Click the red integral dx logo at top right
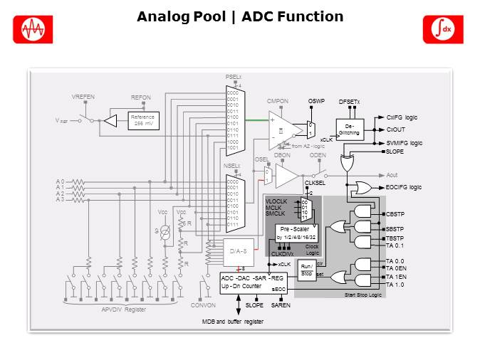[443, 29]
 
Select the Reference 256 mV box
[143, 120]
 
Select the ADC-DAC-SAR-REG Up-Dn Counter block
[254, 282]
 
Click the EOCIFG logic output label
[403, 187]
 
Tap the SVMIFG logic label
[404, 143]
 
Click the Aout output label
[392, 174]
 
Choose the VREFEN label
[83, 96]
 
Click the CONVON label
[204, 306]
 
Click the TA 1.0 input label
[395, 285]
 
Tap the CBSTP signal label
[395, 213]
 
